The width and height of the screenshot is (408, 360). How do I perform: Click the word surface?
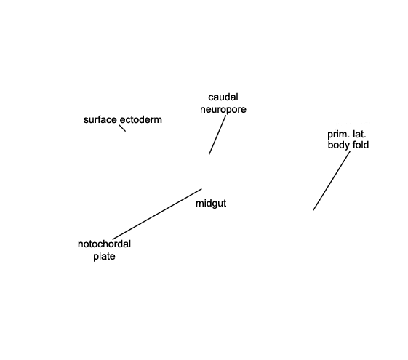coord(100,120)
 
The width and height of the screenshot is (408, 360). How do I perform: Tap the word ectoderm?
coord(141,120)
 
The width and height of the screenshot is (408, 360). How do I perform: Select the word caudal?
coord(223,97)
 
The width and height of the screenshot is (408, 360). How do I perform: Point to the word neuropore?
coord(223,110)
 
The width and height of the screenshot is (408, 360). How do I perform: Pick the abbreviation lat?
coord(359,135)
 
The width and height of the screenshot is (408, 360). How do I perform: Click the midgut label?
coord(211,204)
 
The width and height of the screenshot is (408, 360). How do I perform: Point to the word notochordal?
coord(104,244)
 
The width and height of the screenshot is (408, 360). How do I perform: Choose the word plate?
coord(104,257)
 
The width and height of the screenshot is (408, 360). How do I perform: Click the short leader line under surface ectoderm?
coord(122,128)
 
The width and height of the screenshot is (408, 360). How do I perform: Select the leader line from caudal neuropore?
coord(217,135)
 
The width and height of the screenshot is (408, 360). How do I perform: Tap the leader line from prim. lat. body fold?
coord(332,181)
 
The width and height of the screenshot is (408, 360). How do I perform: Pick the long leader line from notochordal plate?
coord(157,214)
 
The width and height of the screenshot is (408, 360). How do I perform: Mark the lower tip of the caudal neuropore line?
coord(209,154)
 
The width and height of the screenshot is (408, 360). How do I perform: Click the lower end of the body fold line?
coord(313,210)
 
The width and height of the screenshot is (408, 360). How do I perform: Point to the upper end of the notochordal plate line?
coord(201,189)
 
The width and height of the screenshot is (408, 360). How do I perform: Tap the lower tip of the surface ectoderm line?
coord(125,131)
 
